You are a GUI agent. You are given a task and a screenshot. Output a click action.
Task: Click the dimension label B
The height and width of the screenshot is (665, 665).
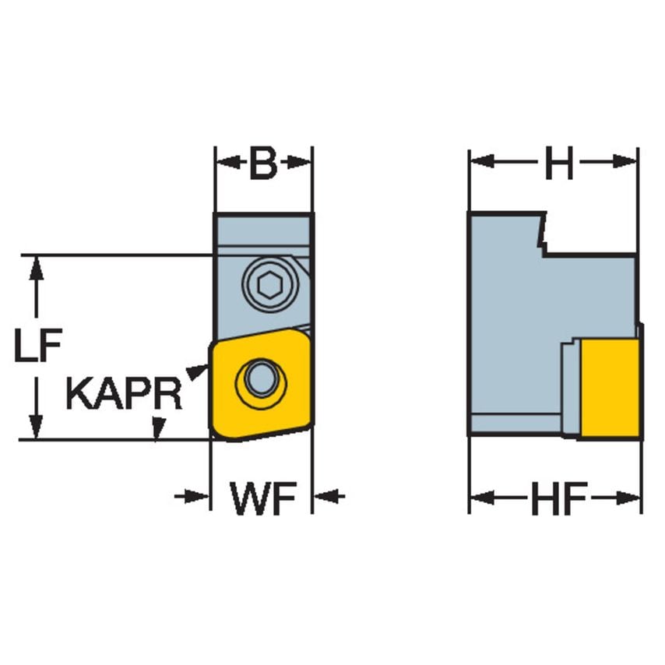[x=263, y=164]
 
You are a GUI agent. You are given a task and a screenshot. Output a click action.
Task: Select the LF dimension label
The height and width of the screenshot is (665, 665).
[x=37, y=348]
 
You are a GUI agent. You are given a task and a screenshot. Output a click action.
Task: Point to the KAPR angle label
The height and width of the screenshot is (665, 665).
[x=124, y=394]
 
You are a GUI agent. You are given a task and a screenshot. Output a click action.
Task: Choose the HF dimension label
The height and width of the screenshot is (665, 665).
[x=558, y=498]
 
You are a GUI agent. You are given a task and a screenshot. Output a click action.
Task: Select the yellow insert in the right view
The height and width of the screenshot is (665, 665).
[x=610, y=387]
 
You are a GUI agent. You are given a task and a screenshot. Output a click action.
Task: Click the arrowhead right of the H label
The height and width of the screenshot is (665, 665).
[x=628, y=162]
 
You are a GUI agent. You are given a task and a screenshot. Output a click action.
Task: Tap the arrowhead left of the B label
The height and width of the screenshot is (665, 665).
[x=225, y=164]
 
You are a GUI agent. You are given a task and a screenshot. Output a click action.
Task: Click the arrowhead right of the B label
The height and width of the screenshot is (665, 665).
[x=302, y=164]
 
